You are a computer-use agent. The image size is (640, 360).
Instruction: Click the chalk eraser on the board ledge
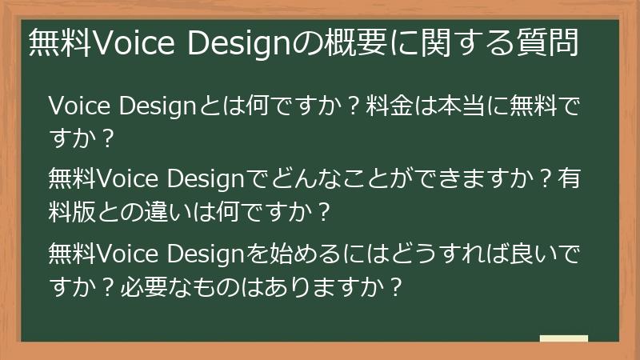pyautogui.click(x=563, y=339)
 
